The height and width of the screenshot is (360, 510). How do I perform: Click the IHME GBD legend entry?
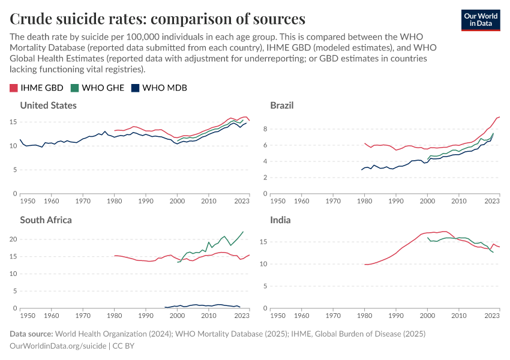coord(37,88)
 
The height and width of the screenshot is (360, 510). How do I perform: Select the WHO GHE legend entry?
coord(98,88)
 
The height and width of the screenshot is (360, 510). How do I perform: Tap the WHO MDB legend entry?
coord(159,88)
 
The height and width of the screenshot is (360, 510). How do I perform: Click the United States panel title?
coord(48,106)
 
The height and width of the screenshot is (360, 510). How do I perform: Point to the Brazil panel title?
coord(281,106)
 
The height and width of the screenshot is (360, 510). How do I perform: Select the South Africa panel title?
coord(46,220)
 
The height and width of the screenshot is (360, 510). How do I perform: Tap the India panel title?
coord(280,220)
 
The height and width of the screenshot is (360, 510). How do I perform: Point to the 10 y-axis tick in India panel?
coord(263,264)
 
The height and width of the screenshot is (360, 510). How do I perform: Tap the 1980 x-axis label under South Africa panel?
coord(114,315)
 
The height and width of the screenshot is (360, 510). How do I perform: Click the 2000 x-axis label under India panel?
coord(427,315)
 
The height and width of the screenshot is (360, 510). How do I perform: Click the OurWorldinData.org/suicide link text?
coord(58,346)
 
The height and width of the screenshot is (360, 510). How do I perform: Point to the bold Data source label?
coord(32,334)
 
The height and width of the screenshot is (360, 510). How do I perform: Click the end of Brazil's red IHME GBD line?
coord(499,117)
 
